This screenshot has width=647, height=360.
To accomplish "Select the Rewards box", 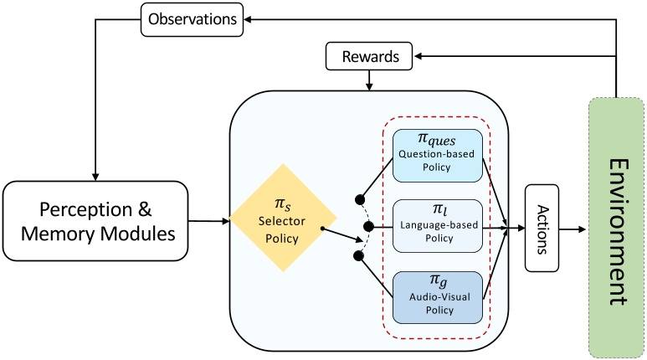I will tap(369, 57).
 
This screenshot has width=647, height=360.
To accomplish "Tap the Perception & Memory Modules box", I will tap(96, 221).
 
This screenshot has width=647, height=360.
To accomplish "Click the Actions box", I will tap(542, 227).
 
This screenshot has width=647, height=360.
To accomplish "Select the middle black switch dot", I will tap(370, 227).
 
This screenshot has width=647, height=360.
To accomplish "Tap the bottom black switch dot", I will tap(361, 254).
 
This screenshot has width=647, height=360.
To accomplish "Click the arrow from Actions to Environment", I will tap(574, 227).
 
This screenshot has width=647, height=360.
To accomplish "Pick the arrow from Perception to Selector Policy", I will tap(210, 221).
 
